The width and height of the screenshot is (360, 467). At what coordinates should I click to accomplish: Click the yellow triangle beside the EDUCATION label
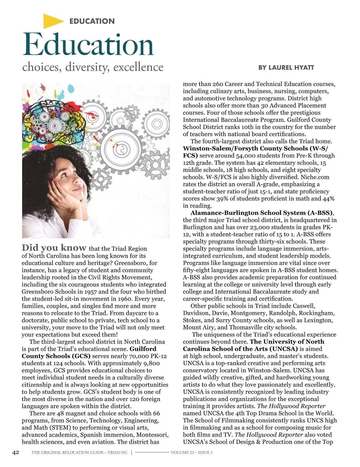pyautogui.click(x=52, y=21)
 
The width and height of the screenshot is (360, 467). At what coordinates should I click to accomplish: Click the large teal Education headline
pyautogui.click(x=88, y=45)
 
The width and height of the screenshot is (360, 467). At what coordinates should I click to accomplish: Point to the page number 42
pyautogui.click(x=16, y=452)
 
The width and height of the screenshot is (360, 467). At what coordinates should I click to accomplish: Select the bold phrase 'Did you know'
pyautogui.click(x=54, y=248)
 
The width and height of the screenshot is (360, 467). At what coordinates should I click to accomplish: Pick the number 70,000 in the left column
pyautogui.click(x=139, y=356)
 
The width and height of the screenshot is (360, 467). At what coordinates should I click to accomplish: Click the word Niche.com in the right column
pyautogui.click(x=315, y=177)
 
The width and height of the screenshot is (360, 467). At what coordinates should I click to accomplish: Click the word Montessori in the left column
pyautogui.click(x=152, y=435)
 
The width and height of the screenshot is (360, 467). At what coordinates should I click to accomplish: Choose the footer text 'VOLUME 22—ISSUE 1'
pyautogui.click(x=192, y=453)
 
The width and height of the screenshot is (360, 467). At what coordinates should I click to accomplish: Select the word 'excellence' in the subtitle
pyautogui.click(x=138, y=67)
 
